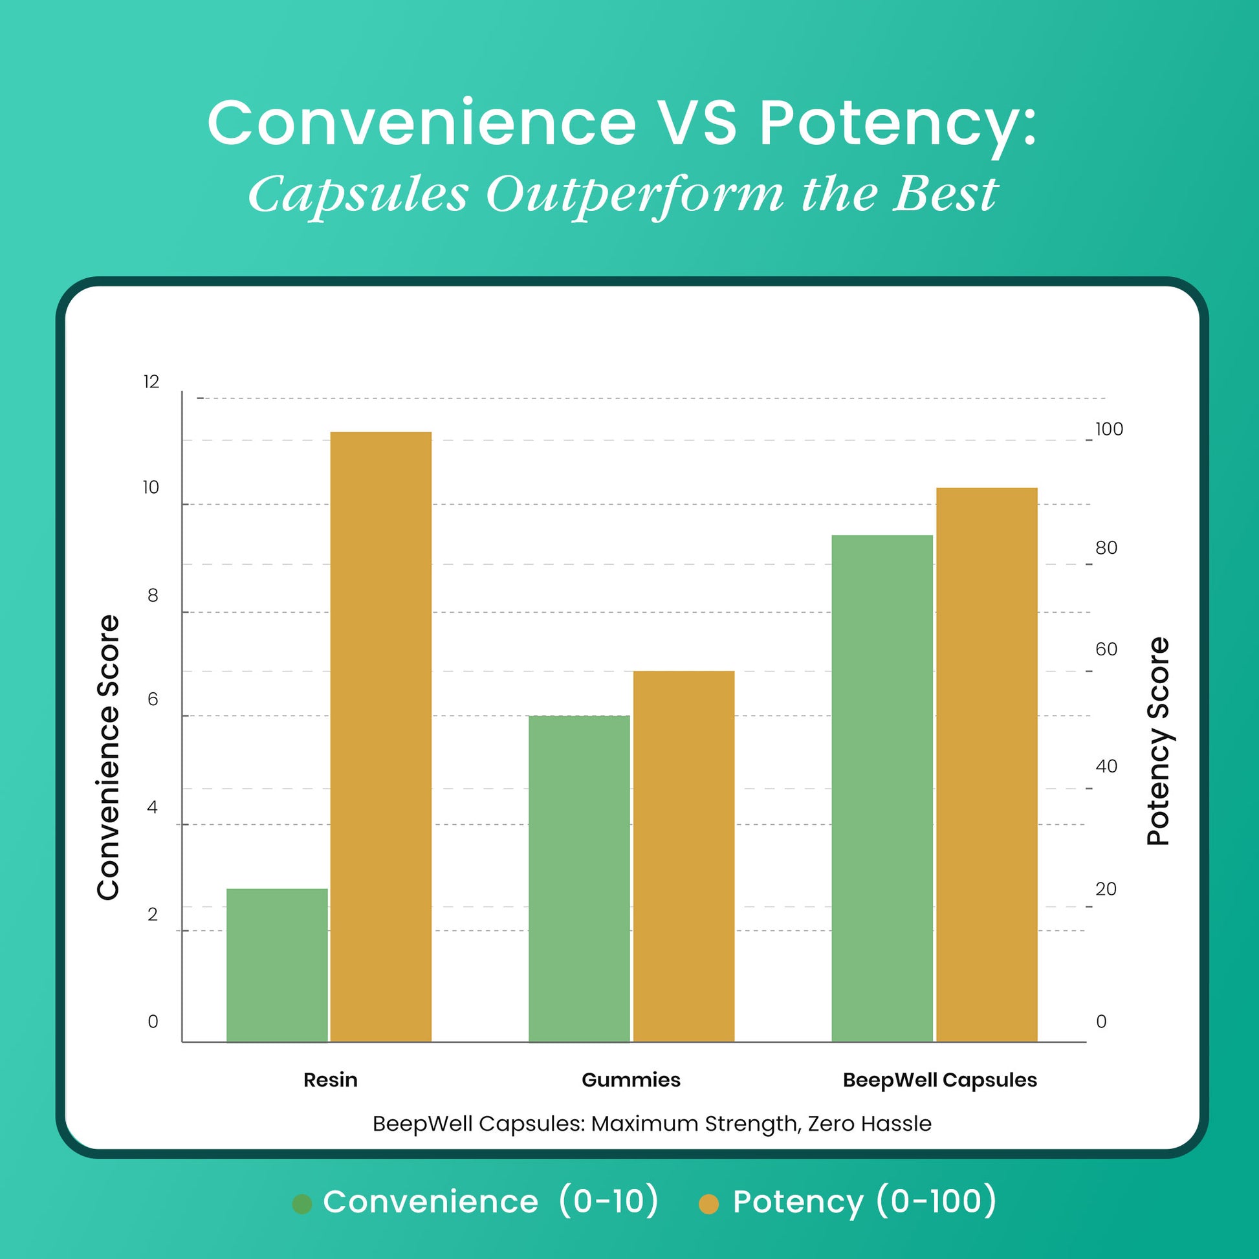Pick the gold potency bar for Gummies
pos(684,857)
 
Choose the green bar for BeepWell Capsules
pos(882,789)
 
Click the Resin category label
pos(331,1080)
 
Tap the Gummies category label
pos(631,1080)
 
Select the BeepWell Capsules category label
pos(939,1080)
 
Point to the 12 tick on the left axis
pos(151,382)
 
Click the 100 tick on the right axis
pos(1109,429)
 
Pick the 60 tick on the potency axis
pos(1106,649)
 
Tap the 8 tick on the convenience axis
pos(153,595)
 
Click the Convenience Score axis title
pos(108,757)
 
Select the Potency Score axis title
pos(1158,741)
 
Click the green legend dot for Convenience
pos(302,1204)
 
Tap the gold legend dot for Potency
pos(708,1204)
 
